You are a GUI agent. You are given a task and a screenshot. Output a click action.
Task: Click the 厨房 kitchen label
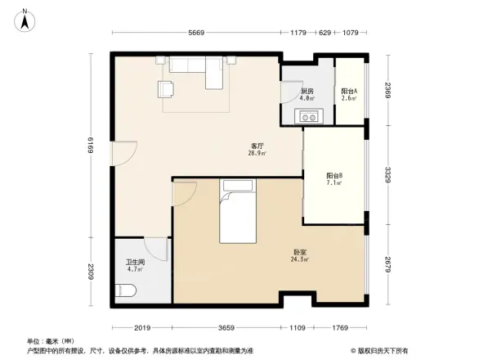[x=307, y=91]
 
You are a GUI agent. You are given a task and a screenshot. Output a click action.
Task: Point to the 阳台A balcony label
[x=349, y=91]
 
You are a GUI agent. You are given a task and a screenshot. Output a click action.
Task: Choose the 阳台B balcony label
[x=334, y=175]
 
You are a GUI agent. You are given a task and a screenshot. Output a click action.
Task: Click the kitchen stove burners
[x=308, y=116]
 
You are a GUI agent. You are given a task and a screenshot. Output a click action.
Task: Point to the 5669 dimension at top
[x=197, y=33]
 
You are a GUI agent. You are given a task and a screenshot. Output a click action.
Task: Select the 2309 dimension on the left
[x=92, y=271]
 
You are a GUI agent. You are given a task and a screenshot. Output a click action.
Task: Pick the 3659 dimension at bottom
[x=226, y=327]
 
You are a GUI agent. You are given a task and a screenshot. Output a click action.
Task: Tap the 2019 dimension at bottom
[x=144, y=327]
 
